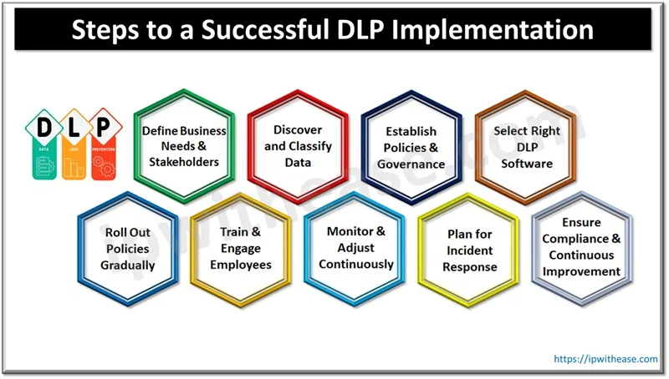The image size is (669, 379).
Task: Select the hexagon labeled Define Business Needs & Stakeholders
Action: point(184,145)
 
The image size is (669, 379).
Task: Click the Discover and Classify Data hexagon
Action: point(298,145)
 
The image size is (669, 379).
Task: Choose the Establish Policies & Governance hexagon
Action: point(411,147)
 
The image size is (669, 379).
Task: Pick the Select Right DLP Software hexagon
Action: point(525,147)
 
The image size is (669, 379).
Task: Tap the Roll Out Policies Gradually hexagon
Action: point(128,249)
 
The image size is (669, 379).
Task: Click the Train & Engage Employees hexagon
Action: point(241,249)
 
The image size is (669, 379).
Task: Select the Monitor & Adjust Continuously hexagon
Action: point(355,249)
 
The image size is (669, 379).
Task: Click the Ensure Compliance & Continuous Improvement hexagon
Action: point(582,247)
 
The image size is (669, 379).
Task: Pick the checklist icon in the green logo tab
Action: point(43,165)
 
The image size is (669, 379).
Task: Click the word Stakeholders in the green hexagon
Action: point(184,161)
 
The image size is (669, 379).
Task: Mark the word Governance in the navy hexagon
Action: point(411,164)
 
